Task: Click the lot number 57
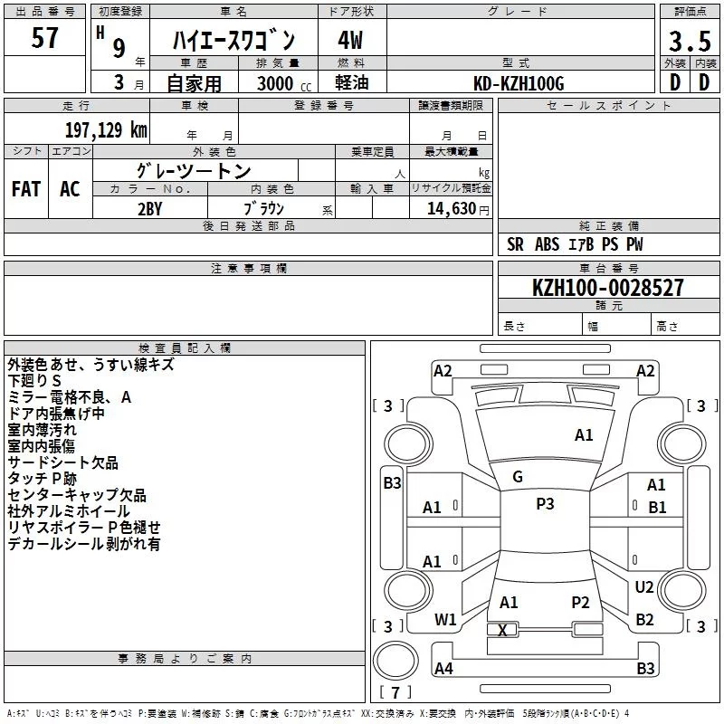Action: pyautogui.click(x=45, y=39)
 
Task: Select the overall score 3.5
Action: pyautogui.click(x=690, y=42)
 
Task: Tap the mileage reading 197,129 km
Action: pyautogui.click(x=106, y=129)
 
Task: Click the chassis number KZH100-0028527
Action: pyautogui.click(x=608, y=288)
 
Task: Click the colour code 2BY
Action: pyautogui.click(x=149, y=207)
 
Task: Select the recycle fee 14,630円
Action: pyautogui.click(x=458, y=207)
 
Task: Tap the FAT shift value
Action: pyautogui.click(x=26, y=189)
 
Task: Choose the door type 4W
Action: pyautogui.click(x=350, y=42)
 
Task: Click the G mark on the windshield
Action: pyautogui.click(x=518, y=477)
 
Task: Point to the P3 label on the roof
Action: pyautogui.click(x=545, y=504)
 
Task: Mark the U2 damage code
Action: pyautogui.click(x=644, y=587)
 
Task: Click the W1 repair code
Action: pyautogui.click(x=445, y=620)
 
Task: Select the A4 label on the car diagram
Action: pyautogui.click(x=443, y=669)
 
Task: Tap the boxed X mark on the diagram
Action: pyautogui.click(x=503, y=630)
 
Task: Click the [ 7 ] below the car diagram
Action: pyautogui.click(x=395, y=692)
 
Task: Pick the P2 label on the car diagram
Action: pyautogui.click(x=580, y=603)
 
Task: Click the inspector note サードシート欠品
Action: pyautogui.click(x=62, y=462)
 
